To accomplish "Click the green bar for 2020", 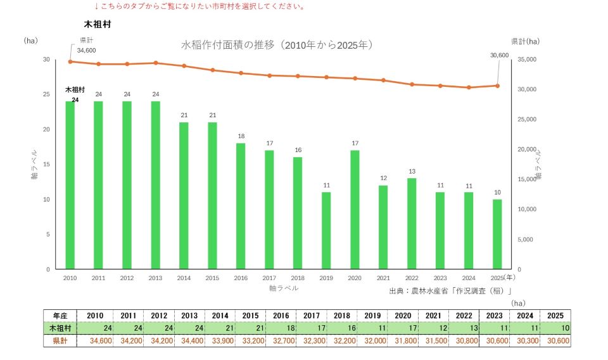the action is coord(355,210).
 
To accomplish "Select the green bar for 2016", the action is coord(241,206).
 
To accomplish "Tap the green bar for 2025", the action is coord(497,234).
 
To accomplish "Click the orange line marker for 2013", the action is coord(156,63).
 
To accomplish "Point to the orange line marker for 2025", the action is coord(497,86).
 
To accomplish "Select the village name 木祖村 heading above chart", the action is coord(98,24).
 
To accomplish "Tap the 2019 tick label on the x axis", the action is coord(326,278).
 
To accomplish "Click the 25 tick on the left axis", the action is coord(46,94).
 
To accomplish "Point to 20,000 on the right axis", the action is coord(527,150).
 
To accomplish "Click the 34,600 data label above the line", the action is coord(86,51).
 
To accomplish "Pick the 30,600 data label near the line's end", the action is coord(500,56).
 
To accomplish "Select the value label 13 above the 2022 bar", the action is coord(412,172).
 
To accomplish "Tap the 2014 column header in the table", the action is coord(220,316).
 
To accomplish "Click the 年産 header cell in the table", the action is coord(60,316).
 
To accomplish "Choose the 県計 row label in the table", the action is coord(60,340).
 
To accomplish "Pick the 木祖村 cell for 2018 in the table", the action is coord(342,328).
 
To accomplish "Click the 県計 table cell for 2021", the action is coord(433,340).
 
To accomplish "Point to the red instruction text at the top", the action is coord(200,6).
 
